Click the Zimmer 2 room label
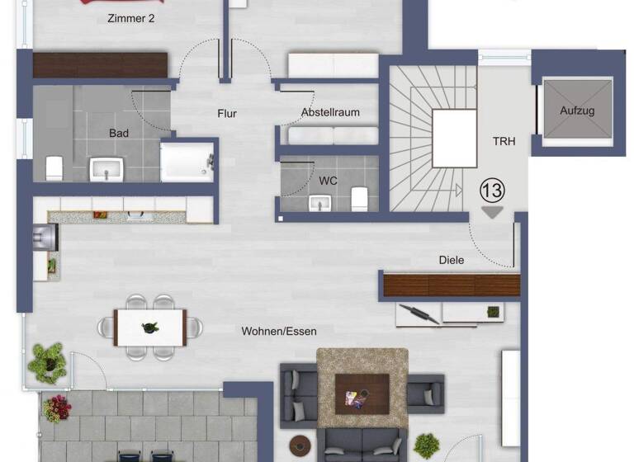coord(131,18)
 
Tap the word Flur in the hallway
coord(227,114)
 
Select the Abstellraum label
coord(330,112)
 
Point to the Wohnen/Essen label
coord(279,331)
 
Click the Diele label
coord(451,260)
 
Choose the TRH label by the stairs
coord(504,141)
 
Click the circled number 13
coord(492,191)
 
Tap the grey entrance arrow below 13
coord(492,212)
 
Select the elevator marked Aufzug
coord(577,111)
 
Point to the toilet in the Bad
coord(54,167)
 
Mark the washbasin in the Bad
coord(106,170)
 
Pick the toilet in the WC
coord(359,198)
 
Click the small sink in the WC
coord(318,202)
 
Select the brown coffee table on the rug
coord(362,394)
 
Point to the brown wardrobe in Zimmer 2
coord(100,65)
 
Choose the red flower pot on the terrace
coord(58,407)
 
